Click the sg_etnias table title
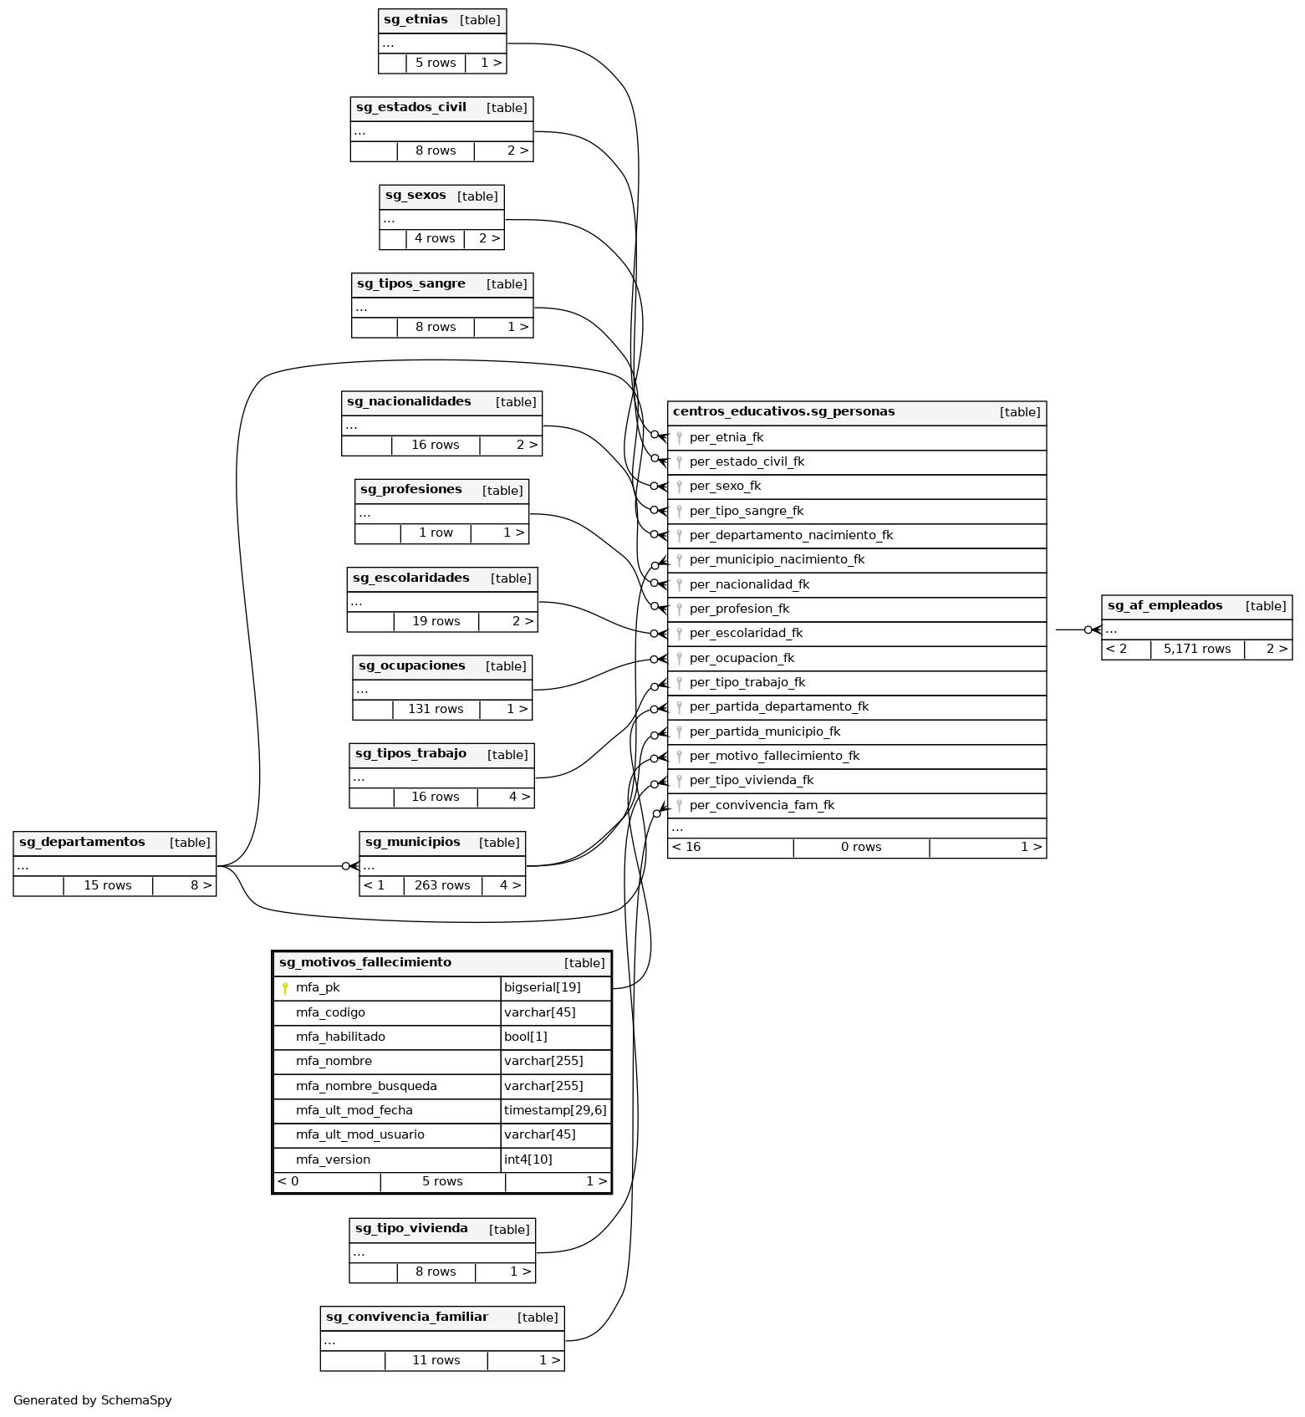tap(415, 20)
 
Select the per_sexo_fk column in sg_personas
tap(725, 487)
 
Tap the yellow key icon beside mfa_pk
tap(285, 988)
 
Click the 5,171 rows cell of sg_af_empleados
tap(1196, 649)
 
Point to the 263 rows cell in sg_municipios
tap(442, 885)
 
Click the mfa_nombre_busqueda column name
tap(366, 1086)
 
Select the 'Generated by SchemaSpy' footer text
tap(92, 1400)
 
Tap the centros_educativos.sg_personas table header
tap(783, 412)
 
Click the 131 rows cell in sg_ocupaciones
tap(436, 709)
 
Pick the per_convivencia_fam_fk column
tap(762, 806)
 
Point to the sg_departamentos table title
tap(82, 843)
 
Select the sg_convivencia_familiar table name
tap(406, 1318)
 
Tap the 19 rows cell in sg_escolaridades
tap(436, 621)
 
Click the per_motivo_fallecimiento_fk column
tap(774, 757)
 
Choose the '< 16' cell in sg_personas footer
tap(686, 848)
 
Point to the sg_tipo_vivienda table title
tap(411, 1229)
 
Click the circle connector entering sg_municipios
tap(346, 866)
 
